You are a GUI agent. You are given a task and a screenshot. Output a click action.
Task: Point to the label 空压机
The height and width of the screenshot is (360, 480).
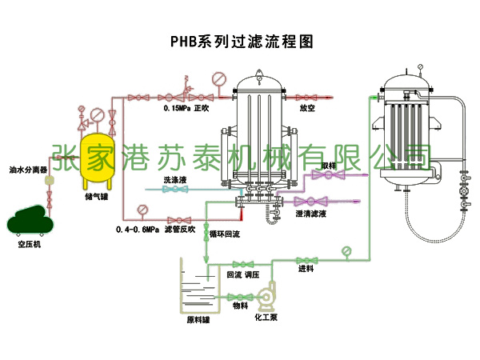pyautogui.click(x=30, y=245)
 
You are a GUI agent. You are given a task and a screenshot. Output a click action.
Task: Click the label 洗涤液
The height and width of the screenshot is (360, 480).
pyautogui.click(x=175, y=181)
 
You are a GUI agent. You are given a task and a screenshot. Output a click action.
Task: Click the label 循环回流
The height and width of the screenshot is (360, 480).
pyautogui.click(x=225, y=235)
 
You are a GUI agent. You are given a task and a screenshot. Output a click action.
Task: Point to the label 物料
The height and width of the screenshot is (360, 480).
pyautogui.click(x=240, y=305)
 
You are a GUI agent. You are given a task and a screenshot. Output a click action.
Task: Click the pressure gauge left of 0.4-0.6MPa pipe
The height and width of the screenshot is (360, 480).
pyautogui.click(x=141, y=210)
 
